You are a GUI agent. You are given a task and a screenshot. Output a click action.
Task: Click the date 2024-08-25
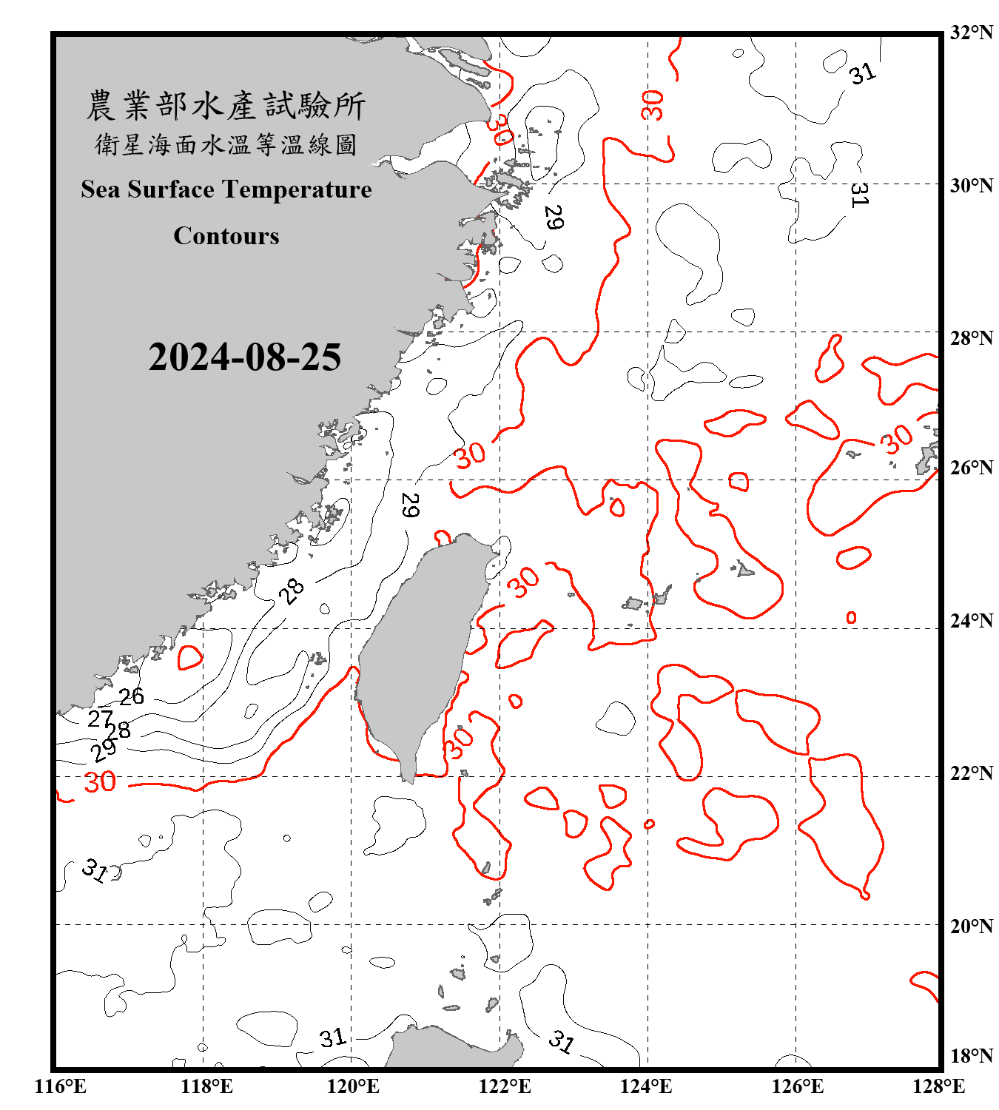click(244, 357)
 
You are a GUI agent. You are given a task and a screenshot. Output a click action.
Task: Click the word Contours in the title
click(226, 236)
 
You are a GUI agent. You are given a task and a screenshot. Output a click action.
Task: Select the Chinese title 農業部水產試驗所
click(226, 106)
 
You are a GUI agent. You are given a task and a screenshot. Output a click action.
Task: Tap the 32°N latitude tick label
click(971, 33)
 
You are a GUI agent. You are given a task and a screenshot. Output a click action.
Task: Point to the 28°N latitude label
click(971, 338)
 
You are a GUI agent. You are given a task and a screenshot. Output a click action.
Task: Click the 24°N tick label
click(971, 620)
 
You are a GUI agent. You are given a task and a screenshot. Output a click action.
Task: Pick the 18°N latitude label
click(971, 1056)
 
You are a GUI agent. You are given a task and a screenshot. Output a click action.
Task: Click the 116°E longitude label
click(61, 1086)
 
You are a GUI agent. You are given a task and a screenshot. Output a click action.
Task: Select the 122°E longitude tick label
click(505, 1086)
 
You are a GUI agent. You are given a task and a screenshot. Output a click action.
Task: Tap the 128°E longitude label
click(938, 1086)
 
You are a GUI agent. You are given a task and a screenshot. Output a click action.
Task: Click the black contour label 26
click(132, 696)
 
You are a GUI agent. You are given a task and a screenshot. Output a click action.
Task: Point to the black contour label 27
click(100, 718)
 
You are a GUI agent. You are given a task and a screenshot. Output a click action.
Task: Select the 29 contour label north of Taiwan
click(410, 505)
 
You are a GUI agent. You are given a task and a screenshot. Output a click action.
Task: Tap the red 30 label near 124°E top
click(652, 105)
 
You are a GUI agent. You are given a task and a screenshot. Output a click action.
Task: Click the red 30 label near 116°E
click(100, 782)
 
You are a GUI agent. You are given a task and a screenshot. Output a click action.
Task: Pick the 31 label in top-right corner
click(862, 73)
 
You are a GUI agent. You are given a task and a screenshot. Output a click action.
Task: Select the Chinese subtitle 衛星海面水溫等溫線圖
click(226, 144)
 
